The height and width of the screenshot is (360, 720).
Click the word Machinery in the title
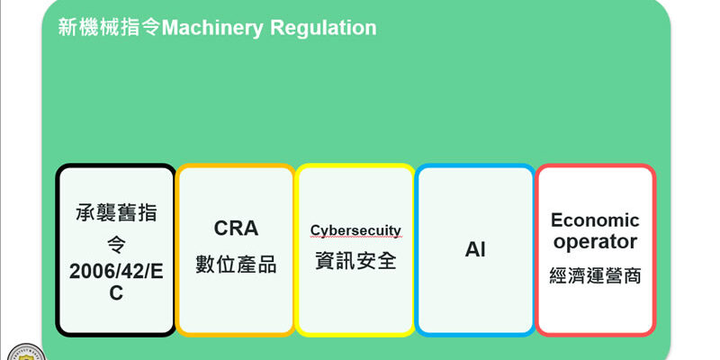point(212,28)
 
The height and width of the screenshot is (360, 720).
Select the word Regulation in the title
point(323,29)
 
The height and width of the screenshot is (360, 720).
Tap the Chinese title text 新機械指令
point(110,28)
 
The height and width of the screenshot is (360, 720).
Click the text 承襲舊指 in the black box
point(116,213)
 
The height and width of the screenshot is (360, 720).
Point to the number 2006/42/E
point(116,272)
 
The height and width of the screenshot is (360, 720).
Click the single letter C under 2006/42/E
point(116,293)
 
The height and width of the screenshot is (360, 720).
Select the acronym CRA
point(236,229)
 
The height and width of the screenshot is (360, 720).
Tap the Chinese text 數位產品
point(236,265)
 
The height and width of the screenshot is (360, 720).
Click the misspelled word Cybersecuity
point(355,230)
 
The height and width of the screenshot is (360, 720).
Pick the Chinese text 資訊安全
point(355,261)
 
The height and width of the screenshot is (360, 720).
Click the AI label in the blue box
point(475,250)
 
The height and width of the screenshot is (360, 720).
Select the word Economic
point(595,220)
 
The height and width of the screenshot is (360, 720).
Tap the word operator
point(595,242)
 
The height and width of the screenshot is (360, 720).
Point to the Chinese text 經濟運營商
point(595,276)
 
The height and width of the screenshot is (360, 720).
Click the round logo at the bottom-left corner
point(26,352)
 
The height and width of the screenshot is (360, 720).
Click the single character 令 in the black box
point(116,245)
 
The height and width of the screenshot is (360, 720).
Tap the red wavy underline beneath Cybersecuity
point(355,238)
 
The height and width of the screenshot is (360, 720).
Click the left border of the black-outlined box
point(58,250)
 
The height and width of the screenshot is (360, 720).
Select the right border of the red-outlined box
point(654,250)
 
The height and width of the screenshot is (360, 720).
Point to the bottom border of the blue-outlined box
point(475,335)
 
